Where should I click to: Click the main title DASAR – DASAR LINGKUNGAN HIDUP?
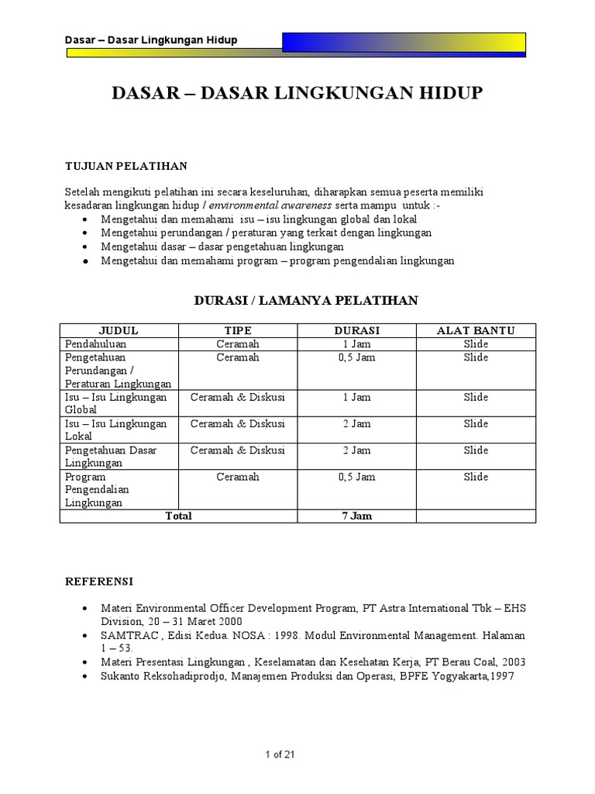coord(297,94)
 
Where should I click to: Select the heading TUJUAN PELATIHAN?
coord(125,166)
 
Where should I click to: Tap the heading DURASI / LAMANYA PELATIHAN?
coord(305,301)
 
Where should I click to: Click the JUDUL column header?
coord(119,330)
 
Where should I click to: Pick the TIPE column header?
coord(238,330)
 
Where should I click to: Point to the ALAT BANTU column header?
coord(476,330)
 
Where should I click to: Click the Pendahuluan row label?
coord(95,343)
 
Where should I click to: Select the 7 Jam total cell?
coord(356,516)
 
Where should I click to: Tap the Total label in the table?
coord(178,516)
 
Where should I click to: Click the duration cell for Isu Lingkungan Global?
coord(356,397)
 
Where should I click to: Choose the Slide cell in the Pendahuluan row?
coord(476,343)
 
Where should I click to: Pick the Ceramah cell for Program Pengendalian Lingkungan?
coord(238,477)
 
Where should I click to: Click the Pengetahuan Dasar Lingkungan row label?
coord(110,456)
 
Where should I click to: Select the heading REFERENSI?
coord(99,581)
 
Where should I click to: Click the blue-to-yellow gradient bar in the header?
coord(404,42)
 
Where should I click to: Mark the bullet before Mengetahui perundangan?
coord(84,233)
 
